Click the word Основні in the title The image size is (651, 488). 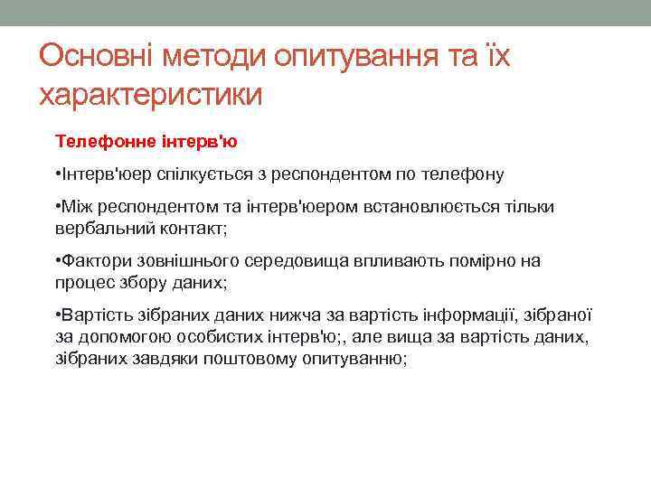point(98,57)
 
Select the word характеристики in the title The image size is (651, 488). point(150,94)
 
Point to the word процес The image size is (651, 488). point(81,283)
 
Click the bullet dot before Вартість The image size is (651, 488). point(57,315)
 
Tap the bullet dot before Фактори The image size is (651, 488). point(57,261)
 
